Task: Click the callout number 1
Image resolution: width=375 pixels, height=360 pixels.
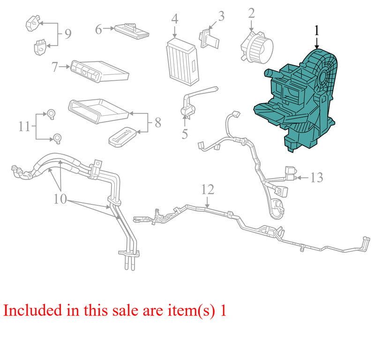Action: pos(317,31)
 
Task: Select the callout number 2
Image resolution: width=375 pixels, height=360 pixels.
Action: pos(251,14)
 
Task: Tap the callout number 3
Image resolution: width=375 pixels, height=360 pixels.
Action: pos(221,16)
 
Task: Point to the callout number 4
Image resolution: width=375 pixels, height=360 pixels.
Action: pos(175,19)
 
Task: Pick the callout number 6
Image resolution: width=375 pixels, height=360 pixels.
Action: pos(98,30)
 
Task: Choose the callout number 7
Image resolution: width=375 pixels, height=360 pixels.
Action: pos(55,67)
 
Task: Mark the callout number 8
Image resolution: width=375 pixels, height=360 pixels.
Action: pos(158,123)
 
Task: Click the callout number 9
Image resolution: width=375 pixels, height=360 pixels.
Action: pos(68,34)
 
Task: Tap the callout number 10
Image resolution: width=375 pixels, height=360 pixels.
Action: pos(60,199)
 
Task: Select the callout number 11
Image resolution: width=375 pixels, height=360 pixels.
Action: pos(24,126)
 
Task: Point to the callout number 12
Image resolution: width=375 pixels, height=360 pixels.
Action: pos(208,189)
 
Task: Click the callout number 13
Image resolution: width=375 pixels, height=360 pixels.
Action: pos(317,178)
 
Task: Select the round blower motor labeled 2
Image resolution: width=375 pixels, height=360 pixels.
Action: pos(257,47)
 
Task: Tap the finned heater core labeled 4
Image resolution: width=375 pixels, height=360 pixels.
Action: pos(182,62)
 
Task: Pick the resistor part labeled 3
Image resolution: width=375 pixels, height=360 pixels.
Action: pos(209,38)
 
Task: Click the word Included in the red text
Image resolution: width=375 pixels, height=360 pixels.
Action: pos(32,310)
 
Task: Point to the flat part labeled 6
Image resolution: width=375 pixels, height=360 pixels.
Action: pos(132,31)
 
